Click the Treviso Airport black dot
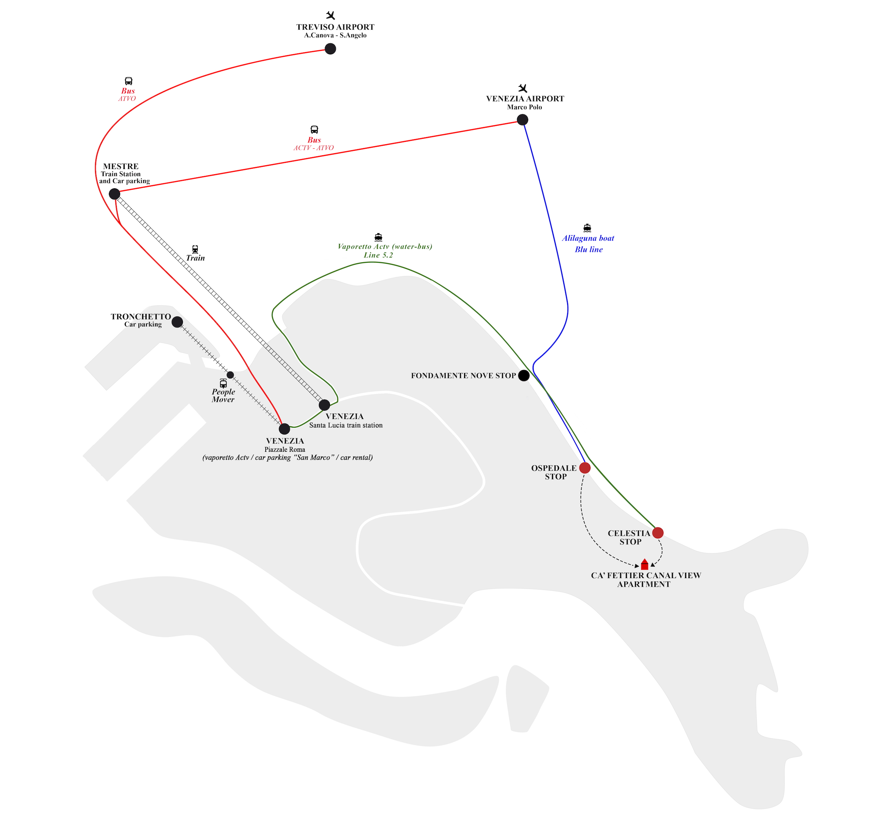click(x=330, y=49)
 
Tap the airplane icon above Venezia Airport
click(x=523, y=88)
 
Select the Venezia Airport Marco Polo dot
click(x=522, y=119)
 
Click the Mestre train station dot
click(x=114, y=194)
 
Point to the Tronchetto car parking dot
click(x=177, y=322)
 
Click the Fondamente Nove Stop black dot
click(x=524, y=375)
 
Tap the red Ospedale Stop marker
click(x=585, y=468)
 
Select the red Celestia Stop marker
click(x=657, y=533)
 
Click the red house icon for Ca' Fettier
click(x=644, y=564)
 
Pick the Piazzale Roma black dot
click(x=285, y=428)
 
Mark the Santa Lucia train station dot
click(x=324, y=405)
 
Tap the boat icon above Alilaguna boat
click(x=587, y=228)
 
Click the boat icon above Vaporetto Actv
click(x=378, y=237)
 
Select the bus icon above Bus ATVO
click(x=128, y=81)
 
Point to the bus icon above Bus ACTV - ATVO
click(x=314, y=130)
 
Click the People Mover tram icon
click(x=223, y=383)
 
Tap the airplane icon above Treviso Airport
click(x=330, y=16)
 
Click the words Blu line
click(x=588, y=250)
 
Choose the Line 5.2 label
click(x=378, y=255)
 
